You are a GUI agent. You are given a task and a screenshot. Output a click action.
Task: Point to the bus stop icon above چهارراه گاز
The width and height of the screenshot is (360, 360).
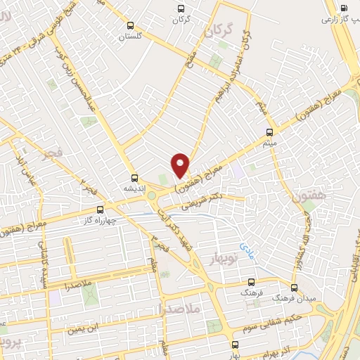point(99,209)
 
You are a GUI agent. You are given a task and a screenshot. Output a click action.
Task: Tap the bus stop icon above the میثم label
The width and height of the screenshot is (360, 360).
point(270,131)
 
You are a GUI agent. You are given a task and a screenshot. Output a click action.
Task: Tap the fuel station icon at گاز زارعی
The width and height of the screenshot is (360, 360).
point(342,9)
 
